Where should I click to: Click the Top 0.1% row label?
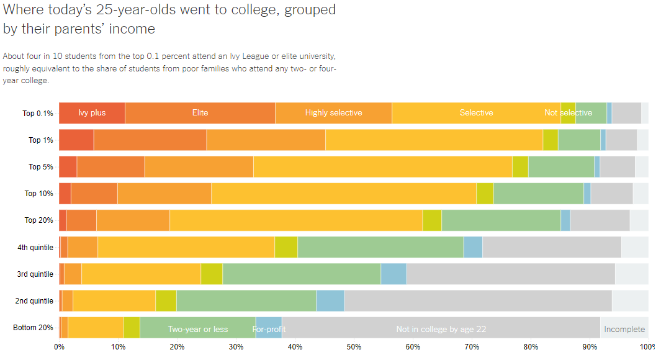point(37,114)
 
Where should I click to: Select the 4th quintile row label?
point(35,248)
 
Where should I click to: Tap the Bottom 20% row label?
point(34,328)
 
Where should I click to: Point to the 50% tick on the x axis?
point(354,346)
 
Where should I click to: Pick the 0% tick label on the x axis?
point(60,346)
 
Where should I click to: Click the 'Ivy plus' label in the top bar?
point(92,113)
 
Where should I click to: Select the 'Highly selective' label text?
point(333,113)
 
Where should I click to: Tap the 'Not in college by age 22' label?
point(441,329)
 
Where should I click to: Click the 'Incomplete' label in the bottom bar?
point(624,329)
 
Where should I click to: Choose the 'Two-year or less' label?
point(198,329)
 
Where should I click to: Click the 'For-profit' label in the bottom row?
point(269,329)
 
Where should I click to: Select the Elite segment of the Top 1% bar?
point(150,140)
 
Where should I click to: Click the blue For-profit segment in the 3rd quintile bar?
point(393,274)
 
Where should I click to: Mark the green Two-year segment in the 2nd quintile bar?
point(246,300)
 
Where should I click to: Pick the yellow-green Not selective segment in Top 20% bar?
point(432,220)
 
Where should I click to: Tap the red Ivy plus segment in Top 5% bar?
point(68,166)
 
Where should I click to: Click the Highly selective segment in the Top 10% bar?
point(164,194)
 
